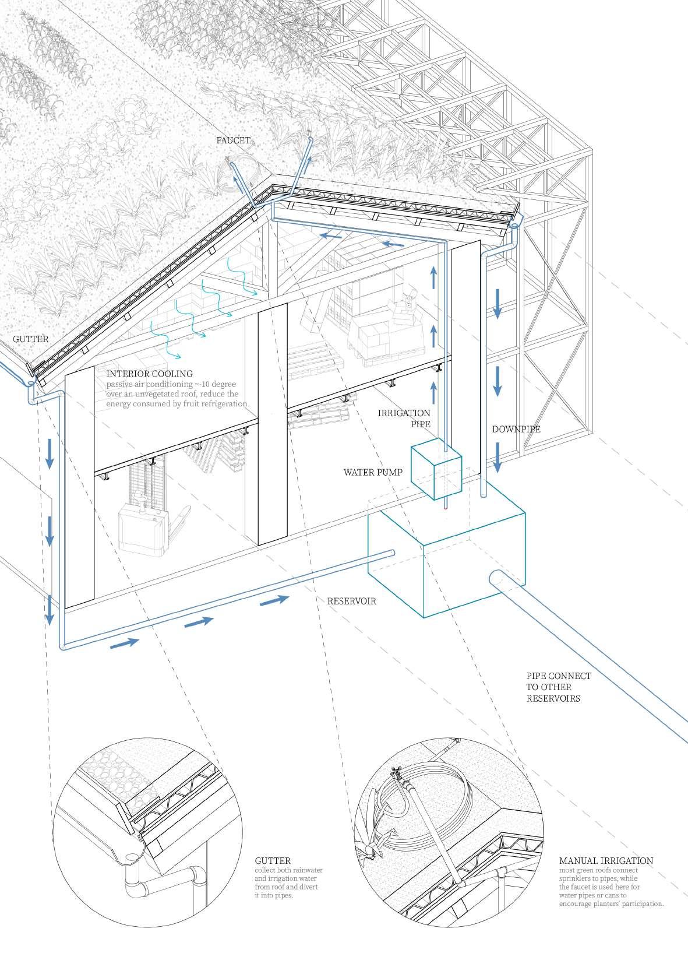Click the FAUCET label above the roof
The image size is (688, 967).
pyautogui.click(x=233, y=140)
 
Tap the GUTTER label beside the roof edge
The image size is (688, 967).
pyautogui.click(x=31, y=339)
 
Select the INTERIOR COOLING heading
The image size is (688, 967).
pyautogui.click(x=149, y=374)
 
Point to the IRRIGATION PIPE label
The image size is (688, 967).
pyautogui.click(x=404, y=419)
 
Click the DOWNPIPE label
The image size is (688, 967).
pyautogui.click(x=516, y=429)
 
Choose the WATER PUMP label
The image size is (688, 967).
pyautogui.click(x=373, y=472)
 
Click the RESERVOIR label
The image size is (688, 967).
pyautogui.click(x=351, y=601)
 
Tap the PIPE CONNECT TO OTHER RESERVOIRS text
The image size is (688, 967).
pyautogui.click(x=558, y=687)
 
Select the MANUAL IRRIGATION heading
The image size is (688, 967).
pyautogui.click(x=606, y=860)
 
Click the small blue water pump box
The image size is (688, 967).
pyautogui.click(x=436, y=473)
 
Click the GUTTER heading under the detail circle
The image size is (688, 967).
pyautogui.click(x=273, y=860)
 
